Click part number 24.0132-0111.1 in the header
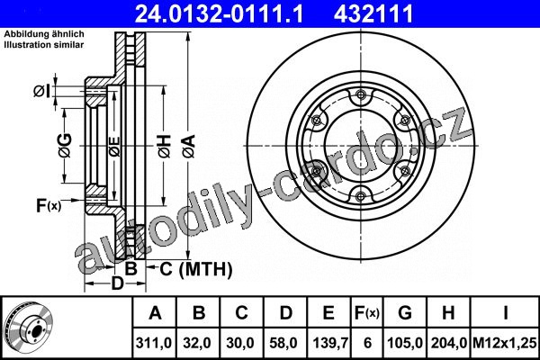coord(219,13)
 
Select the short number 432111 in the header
coord(373,13)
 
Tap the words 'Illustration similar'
coord(44,45)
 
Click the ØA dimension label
coord(189,146)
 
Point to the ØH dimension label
coord(165,146)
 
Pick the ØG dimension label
coord(65,146)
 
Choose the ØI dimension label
coord(41,92)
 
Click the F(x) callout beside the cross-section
coord(49,206)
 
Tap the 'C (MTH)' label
coord(196,269)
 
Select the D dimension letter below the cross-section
coord(117,283)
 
